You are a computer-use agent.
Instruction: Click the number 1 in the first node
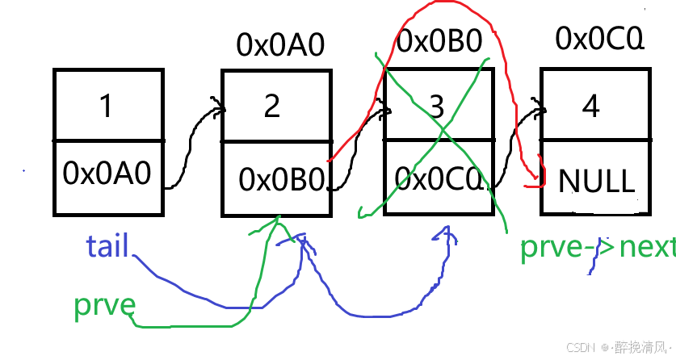(106, 107)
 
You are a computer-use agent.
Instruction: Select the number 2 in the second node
(272, 106)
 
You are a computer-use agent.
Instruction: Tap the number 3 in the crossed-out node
(436, 107)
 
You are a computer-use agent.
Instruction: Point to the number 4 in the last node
(591, 106)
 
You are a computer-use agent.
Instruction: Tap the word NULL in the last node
(597, 181)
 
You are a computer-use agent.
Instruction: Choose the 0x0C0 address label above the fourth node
(600, 37)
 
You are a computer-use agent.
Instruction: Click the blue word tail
(107, 245)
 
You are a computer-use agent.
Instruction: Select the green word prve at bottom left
(103, 305)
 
